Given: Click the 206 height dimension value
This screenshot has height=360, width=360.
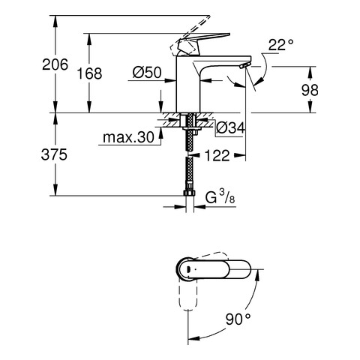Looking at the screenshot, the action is pyautogui.click(x=55, y=64).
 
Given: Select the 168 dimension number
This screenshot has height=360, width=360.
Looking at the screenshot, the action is pyautogui.click(x=89, y=73).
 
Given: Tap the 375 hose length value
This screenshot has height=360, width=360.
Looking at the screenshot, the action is pyautogui.click(x=54, y=154).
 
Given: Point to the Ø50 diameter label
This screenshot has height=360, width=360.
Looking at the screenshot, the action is pyautogui.click(x=147, y=73).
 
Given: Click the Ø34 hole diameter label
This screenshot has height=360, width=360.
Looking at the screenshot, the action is pyautogui.click(x=230, y=128).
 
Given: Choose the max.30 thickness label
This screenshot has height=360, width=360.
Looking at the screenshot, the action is pyautogui.click(x=128, y=137).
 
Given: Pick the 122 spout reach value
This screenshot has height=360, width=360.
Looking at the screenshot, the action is pyautogui.click(x=217, y=155).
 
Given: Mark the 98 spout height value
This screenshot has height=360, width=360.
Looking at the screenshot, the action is pyautogui.click(x=310, y=90).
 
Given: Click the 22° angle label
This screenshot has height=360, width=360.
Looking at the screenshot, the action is pyautogui.click(x=280, y=45).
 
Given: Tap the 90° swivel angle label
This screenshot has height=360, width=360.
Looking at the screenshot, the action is pyautogui.click(x=238, y=319).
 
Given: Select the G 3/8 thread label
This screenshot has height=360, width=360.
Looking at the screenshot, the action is pyautogui.click(x=220, y=197).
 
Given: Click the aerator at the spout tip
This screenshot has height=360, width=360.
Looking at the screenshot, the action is pyautogui.click(x=244, y=65).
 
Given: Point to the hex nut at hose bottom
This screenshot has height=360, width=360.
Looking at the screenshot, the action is pyautogui.click(x=190, y=193).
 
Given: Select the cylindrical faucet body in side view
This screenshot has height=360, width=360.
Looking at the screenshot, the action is pyautogui.click(x=188, y=84).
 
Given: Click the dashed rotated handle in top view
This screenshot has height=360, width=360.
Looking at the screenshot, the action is pyautogui.click(x=187, y=295).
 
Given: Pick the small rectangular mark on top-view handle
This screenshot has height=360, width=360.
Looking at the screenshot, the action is pyautogui.click(x=188, y=269).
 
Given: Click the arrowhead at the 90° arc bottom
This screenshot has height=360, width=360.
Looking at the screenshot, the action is pyautogui.click(x=194, y=338).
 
